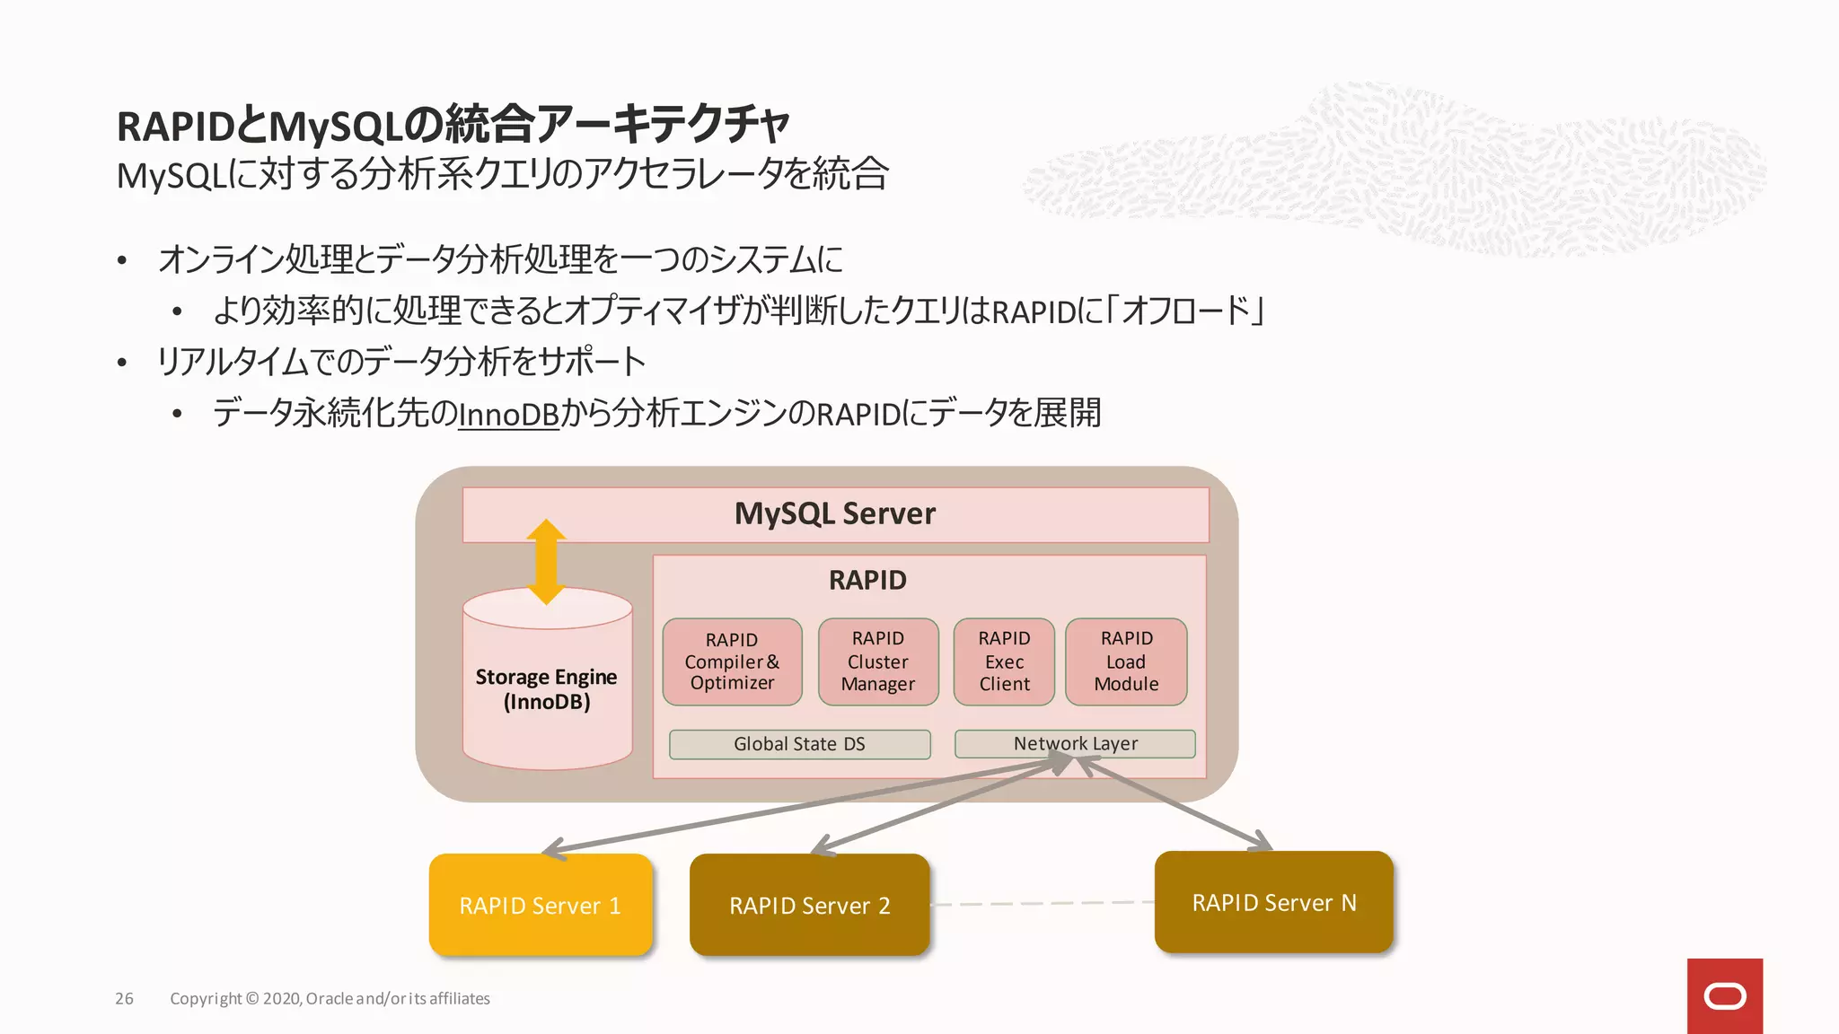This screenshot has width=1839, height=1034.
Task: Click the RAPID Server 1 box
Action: (541, 905)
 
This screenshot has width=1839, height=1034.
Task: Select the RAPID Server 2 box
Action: (809, 905)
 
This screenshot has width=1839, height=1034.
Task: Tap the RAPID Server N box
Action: (1273, 902)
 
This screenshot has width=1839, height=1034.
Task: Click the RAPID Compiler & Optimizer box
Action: (732, 662)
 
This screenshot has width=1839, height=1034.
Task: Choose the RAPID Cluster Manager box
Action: (878, 662)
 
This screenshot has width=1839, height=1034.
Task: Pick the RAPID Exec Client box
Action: (1004, 662)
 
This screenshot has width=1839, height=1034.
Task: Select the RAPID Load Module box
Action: (1126, 662)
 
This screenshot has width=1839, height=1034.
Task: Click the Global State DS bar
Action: (799, 744)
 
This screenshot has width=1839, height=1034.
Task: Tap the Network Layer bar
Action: (1075, 744)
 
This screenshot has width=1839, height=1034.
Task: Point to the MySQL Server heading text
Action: (834, 513)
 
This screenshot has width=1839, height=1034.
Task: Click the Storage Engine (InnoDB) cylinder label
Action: (546, 689)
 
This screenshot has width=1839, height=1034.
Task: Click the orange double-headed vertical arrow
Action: (546, 562)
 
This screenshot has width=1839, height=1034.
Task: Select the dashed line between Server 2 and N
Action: (1042, 903)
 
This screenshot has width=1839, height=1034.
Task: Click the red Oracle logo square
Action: (1724, 995)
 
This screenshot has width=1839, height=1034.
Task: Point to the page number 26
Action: (124, 998)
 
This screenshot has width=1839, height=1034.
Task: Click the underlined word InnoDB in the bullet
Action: (508, 414)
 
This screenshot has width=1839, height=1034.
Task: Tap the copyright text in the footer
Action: (330, 998)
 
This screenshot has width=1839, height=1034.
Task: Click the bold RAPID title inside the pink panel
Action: (867, 580)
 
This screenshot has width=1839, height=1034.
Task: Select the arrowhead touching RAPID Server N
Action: (1261, 842)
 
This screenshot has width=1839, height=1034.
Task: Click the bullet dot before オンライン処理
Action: (122, 261)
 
